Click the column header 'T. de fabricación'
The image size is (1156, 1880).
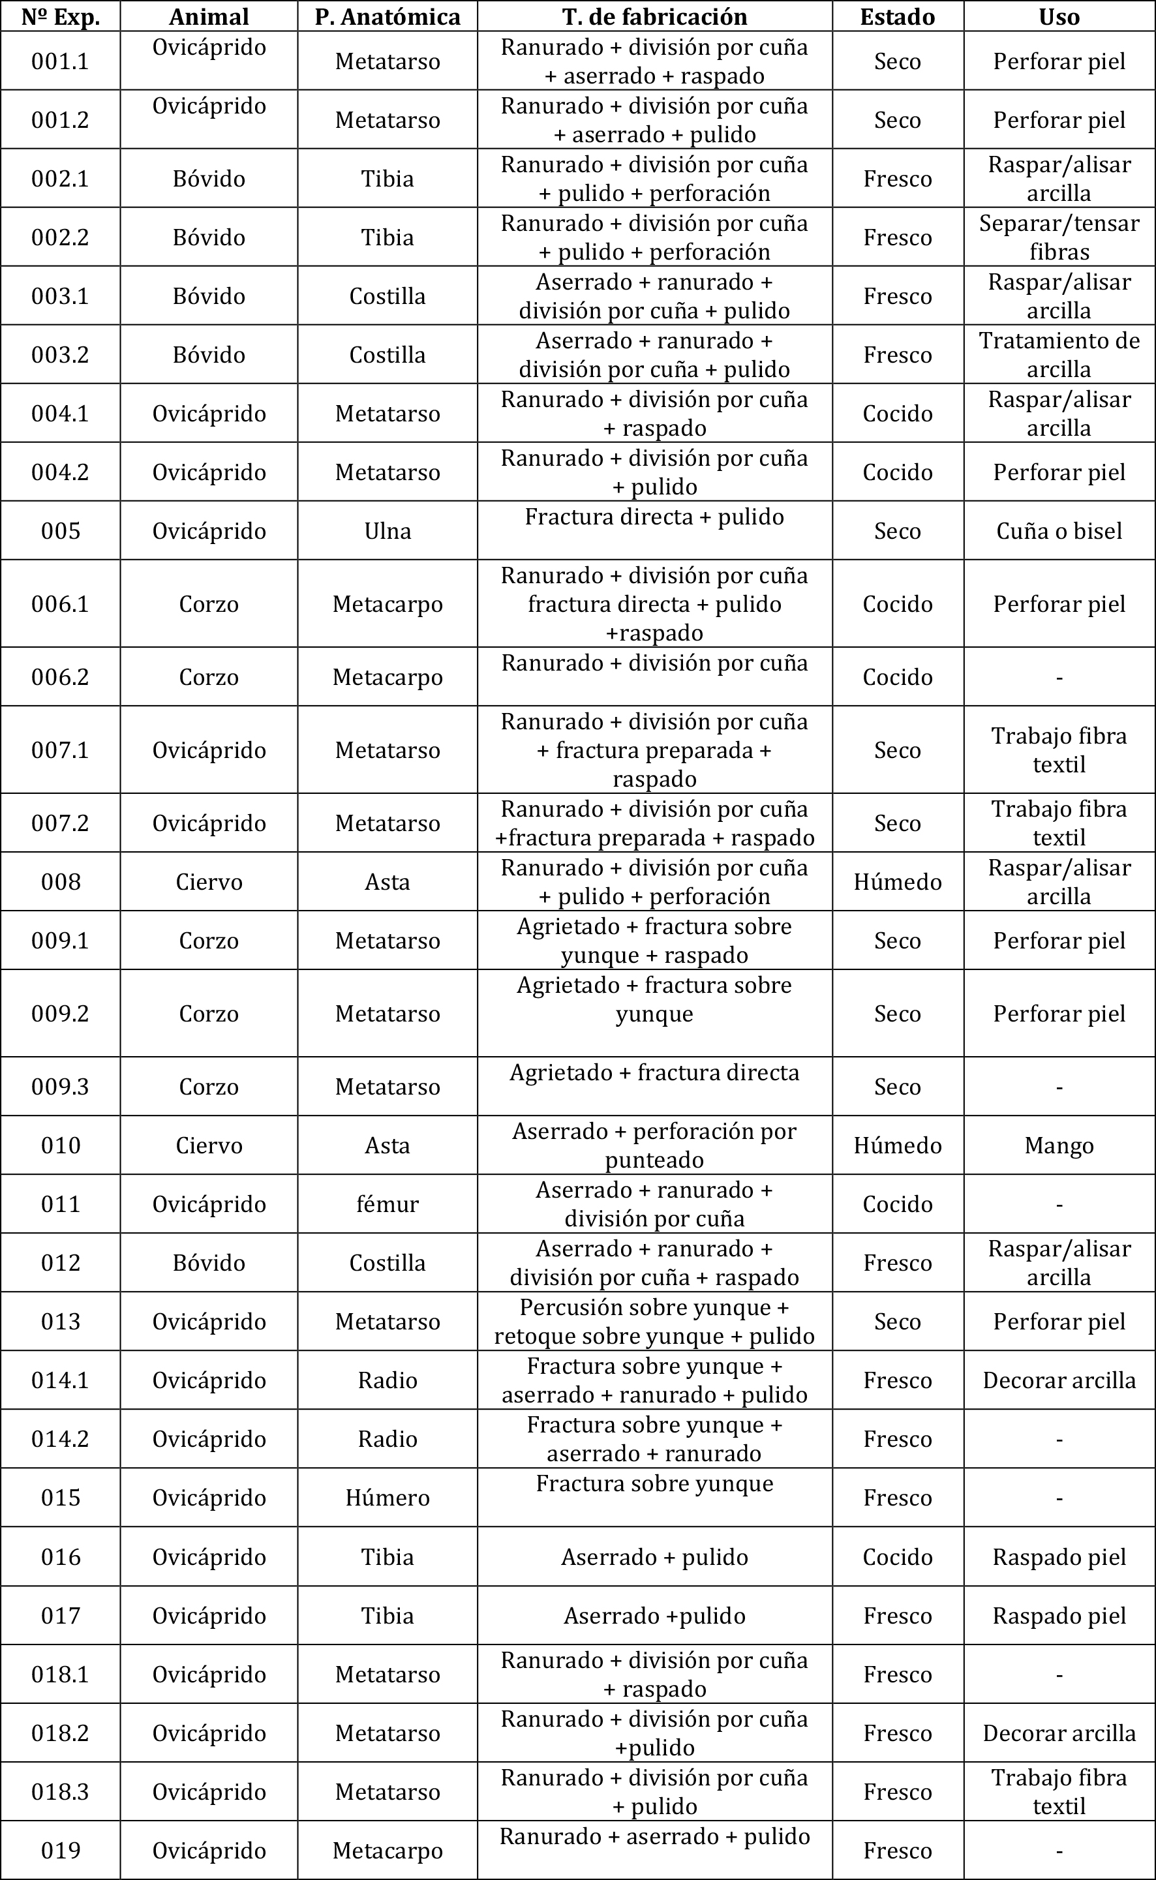click(x=654, y=16)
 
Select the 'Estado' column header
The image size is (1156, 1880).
click(x=897, y=16)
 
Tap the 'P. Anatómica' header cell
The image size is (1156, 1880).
click(x=388, y=16)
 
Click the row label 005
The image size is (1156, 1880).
click(x=61, y=530)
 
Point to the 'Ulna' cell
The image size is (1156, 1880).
click(x=388, y=530)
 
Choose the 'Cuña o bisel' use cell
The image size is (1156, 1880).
click(x=1059, y=530)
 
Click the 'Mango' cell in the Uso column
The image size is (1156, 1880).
click(x=1059, y=1145)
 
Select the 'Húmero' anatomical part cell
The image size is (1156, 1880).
click(x=388, y=1497)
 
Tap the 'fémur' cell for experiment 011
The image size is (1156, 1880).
click(x=388, y=1204)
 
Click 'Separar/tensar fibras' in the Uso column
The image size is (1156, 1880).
click(x=1059, y=237)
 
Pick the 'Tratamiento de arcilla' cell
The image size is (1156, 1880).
click(x=1059, y=355)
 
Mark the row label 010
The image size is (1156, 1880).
click(x=61, y=1145)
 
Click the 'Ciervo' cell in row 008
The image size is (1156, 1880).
click(x=209, y=881)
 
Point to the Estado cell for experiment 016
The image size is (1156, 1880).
click(x=897, y=1556)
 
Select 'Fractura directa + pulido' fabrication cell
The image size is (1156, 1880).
click(x=654, y=517)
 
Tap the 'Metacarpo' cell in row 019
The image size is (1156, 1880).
click(x=388, y=1850)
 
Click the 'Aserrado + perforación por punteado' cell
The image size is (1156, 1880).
click(x=654, y=1145)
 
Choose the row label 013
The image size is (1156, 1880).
click(x=61, y=1321)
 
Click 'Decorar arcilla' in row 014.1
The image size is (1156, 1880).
click(x=1059, y=1380)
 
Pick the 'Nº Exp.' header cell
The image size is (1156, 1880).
click(x=61, y=16)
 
